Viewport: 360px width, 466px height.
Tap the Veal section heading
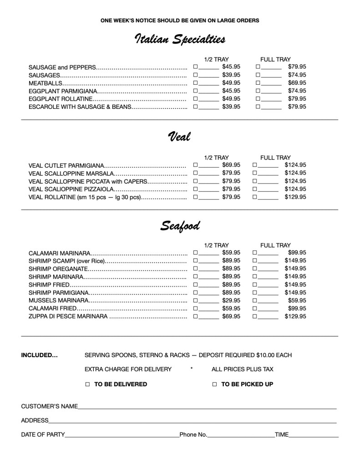(x=179, y=136)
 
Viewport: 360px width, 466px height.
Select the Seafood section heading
(x=180, y=225)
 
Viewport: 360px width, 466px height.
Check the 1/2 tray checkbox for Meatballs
(x=195, y=83)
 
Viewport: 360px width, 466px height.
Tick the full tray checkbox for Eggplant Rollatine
(x=258, y=99)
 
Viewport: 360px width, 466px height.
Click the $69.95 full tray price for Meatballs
(x=297, y=83)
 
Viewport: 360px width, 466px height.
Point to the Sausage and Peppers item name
(x=62, y=67)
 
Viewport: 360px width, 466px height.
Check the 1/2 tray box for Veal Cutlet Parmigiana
(x=195, y=165)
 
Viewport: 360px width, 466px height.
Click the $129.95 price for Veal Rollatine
(x=295, y=197)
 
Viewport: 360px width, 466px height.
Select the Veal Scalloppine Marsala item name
(x=71, y=173)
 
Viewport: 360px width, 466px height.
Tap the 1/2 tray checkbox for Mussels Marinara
(x=195, y=301)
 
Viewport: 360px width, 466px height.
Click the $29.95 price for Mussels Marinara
(x=231, y=301)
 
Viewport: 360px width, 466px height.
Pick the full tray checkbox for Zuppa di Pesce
(x=255, y=317)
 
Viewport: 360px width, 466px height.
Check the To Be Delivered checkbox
(x=88, y=384)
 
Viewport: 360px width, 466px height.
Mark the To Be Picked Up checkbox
(x=215, y=384)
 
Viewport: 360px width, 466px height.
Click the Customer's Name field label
(x=49, y=406)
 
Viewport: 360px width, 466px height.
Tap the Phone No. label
(x=193, y=435)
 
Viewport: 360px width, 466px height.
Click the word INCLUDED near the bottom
(x=39, y=355)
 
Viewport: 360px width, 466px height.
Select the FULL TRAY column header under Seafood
(x=275, y=245)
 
